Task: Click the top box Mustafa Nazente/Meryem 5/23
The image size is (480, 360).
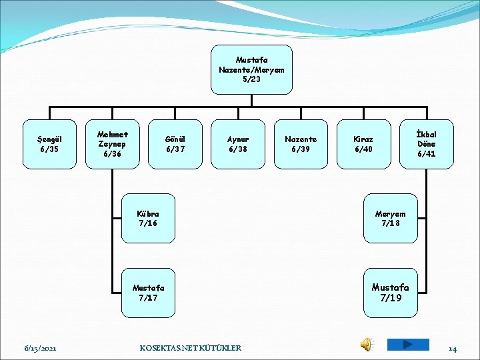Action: pos(251,69)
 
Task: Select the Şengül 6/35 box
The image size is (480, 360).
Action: pos(49,144)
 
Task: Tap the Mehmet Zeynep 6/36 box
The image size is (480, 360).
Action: pos(112,144)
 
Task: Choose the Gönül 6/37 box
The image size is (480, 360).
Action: pos(175,144)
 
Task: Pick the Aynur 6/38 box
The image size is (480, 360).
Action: pos(237,144)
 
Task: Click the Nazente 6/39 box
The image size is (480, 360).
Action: pos(301,144)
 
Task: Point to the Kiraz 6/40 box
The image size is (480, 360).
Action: pos(363,144)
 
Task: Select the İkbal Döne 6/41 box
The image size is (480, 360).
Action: pos(426,144)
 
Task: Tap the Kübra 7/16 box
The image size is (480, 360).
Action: pos(148,218)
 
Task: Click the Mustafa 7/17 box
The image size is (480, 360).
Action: pos(148,293)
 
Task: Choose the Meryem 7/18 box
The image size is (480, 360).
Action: pos(390,218)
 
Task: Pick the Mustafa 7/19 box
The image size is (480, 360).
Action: pos(390,293)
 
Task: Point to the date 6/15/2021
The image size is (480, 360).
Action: pos(40,348)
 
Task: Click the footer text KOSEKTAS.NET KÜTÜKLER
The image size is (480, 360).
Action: pos(191,348)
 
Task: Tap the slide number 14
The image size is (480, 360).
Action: pos(452,348)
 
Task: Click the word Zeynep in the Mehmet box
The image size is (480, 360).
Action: pos(112,144)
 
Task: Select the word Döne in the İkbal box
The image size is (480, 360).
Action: pos(426,144)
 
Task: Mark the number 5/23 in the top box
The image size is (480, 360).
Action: pos(251,79)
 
